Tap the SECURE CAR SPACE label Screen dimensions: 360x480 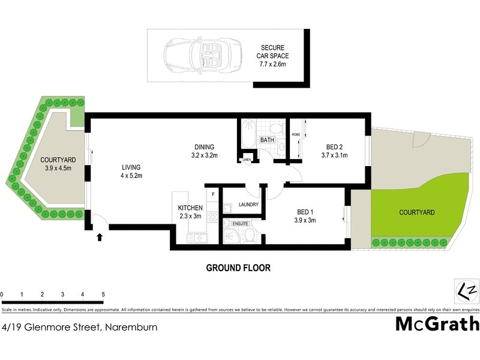[x=272, y=55]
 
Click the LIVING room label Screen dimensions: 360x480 [x=131, y=171]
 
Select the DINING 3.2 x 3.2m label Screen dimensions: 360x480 [x=200, y=151]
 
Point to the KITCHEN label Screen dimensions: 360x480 [x=190, y=212]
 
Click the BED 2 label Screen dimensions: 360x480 [x=335, y=151]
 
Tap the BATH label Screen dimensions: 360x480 [x=267, y=140]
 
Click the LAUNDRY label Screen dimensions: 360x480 [x=248, y=205]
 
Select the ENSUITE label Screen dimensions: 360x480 [x=232, y=224]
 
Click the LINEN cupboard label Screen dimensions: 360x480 [x=247, y=160]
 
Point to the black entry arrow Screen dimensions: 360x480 [x=100, y=238]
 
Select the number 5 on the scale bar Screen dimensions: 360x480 [x=103, y=295]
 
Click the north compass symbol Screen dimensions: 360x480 [x=466, y=291]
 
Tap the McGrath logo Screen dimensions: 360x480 [x=437, y=324]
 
